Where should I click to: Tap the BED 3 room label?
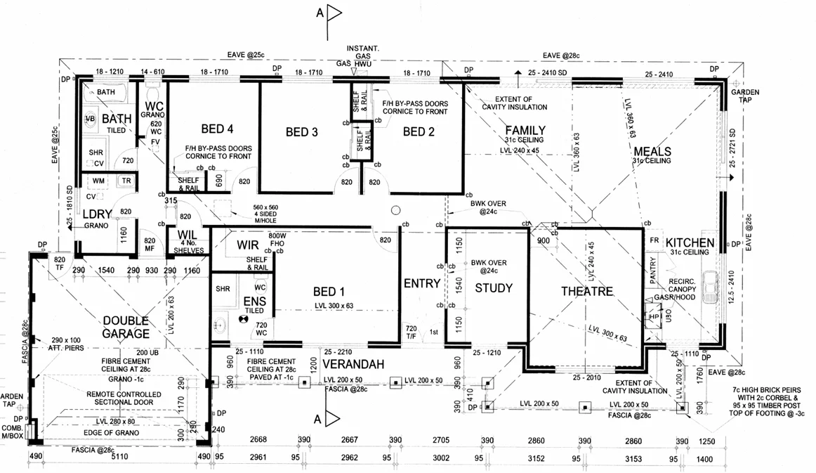tap(302, 132)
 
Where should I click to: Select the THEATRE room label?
tap(587, 292)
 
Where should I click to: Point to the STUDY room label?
tap(494, 288)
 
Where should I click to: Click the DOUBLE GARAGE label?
tap(126, 328)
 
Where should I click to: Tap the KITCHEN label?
tap(690, 243)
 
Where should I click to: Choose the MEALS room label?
tap(652, 151)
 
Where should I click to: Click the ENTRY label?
tap(421, 284)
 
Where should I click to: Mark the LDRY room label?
tap(97, 214)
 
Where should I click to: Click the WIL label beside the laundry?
tap(186, 235)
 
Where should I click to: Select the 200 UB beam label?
tap(148, 352)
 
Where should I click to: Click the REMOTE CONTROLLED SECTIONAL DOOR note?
tap(124, 399)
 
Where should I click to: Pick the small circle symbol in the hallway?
tap(396, 209)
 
